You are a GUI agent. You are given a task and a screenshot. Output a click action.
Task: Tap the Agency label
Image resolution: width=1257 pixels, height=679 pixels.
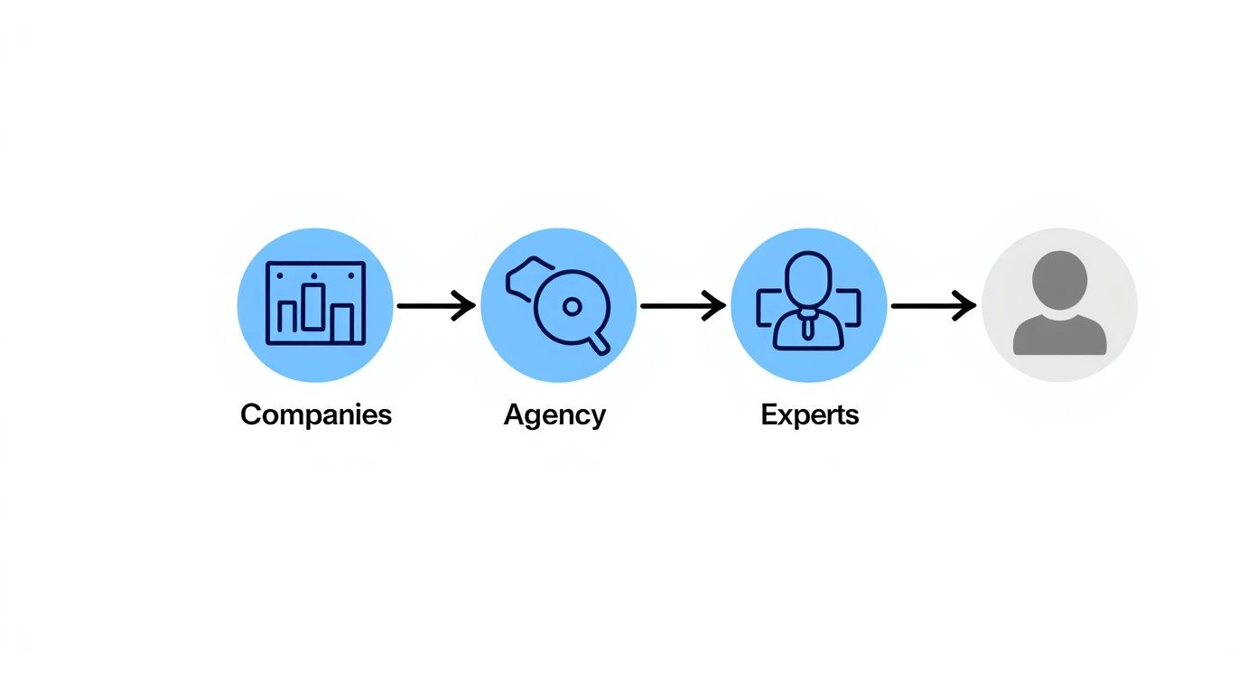click(x=554, y=416)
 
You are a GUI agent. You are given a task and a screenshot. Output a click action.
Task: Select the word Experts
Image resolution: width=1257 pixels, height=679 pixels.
click(x=810, y=416)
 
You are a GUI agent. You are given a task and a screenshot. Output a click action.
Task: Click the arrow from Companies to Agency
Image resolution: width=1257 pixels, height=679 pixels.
click(x=436, y=306)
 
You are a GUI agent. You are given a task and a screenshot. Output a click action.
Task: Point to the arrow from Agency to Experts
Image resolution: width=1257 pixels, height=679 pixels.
click(x=683, y=306)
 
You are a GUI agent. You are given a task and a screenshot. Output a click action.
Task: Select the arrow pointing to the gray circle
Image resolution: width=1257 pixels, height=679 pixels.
click(x=933, y=306)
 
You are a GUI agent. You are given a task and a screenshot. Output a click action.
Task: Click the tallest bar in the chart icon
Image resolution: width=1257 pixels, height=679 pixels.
click(x=313, y=307)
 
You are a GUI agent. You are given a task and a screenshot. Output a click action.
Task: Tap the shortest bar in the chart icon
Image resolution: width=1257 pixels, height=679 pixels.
click(x=287, y=317)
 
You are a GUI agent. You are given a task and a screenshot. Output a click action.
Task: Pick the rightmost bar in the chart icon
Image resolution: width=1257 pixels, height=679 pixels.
click(x=341, y=324)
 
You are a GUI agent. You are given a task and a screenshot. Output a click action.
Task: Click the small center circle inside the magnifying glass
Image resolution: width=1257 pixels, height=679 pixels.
click(x=572, y=307)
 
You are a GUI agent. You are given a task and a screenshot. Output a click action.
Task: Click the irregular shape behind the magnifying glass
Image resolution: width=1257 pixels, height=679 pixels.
click(x=527, y=278)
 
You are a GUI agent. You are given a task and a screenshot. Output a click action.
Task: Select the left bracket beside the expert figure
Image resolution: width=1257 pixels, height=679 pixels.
click(x=768, y=308)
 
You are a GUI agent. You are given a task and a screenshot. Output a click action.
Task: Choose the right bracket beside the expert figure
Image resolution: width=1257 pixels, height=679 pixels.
click(x=849, y=308)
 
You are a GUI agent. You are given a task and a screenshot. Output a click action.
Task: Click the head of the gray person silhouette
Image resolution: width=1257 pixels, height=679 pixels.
click(x=1059, y=280)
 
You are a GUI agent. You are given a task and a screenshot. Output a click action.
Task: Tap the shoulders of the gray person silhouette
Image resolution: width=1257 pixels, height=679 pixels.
click(x=1059, y=335)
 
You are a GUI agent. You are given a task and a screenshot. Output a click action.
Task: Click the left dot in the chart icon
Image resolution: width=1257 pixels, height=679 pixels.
click(x=280, y=275)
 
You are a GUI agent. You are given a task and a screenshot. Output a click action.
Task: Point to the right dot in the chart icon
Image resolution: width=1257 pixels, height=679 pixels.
click(x=351, y=275)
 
